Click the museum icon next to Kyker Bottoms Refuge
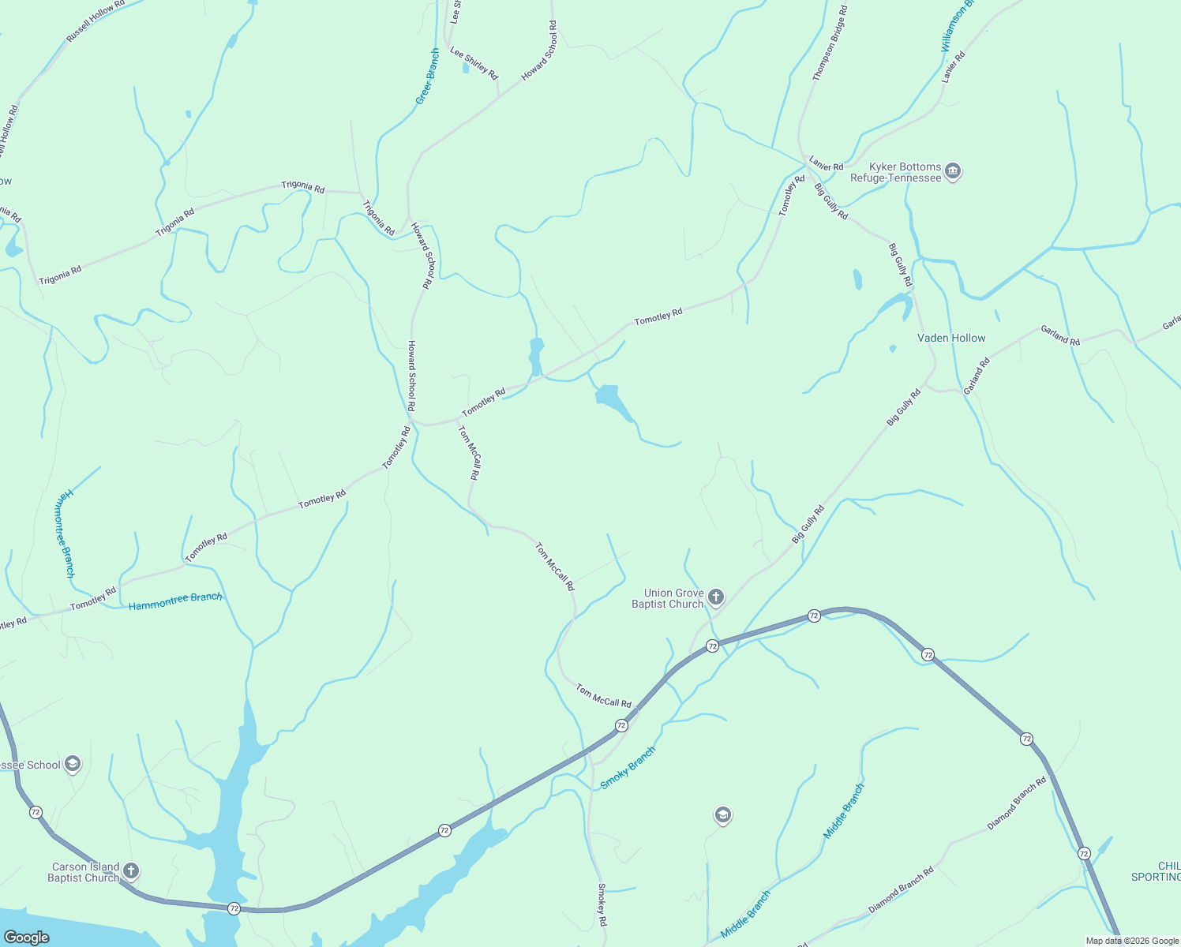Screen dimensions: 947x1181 click(x=953, y=172)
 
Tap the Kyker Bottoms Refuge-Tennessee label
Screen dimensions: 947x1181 click(x=896, y=173)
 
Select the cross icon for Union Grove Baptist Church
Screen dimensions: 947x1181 click(x=716, y=597)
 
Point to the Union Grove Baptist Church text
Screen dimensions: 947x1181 click(x=668, y=599)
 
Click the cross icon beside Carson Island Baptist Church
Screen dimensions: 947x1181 click(x=131, y=871)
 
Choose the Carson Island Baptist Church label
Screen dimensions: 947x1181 click(x=83, y=872)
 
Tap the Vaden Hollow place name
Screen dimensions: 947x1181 click(x=951, y=339)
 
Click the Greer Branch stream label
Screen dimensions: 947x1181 click(x=427, y=77)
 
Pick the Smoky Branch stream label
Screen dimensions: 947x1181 click(x=628, y=768)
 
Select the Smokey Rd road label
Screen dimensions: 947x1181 click(x=602, y=905)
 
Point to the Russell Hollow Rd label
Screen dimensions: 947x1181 click(x=96, y=21)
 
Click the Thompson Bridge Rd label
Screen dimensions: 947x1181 click(x=830, y=43)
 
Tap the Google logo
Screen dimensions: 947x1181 click(x=27, y=938)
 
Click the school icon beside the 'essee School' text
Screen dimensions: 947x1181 click(x=73, y=764)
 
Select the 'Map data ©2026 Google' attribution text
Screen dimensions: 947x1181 click(x=1132, y=941)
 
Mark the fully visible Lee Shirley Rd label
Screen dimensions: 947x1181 click(x=474, y=63)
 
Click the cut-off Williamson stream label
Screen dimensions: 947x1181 click(x=958, y=27)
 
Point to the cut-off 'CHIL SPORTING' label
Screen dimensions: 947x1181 click(x=1157, y=871)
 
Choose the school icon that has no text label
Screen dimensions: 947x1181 click(x=722, y=815)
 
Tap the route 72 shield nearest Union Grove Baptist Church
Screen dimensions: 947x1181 click(x=712, y=646)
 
